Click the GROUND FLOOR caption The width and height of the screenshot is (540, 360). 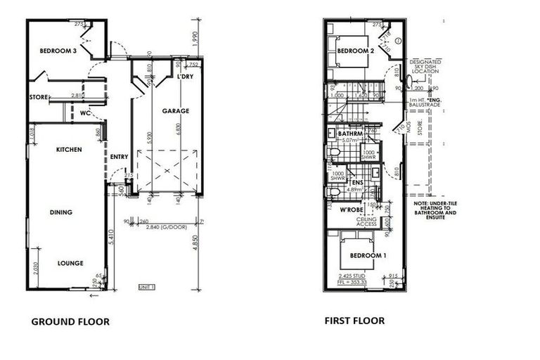(70, 322)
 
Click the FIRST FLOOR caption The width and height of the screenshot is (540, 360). (354, 321)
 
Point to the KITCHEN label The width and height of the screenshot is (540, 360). (70, 150)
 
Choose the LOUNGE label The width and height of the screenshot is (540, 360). (70, 263)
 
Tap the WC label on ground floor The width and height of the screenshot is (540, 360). (84, 112)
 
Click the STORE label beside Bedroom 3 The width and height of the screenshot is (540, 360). (37, 97)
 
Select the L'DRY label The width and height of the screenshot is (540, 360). (186, 76)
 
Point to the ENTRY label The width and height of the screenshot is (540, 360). (118, 156)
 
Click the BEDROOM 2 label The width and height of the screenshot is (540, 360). (353, 51)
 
